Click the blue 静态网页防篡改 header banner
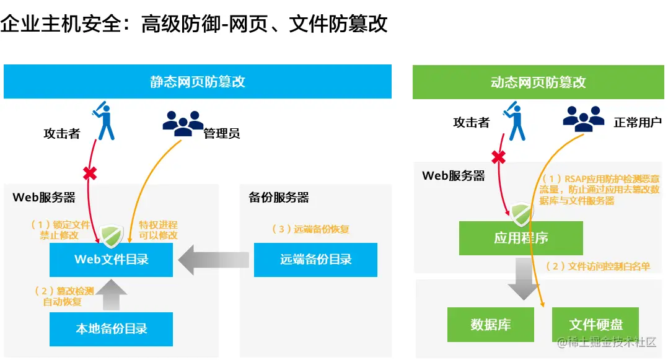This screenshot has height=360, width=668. click(198, 82)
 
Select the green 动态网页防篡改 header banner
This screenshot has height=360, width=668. click(538, 82)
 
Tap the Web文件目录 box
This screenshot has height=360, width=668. click(112, 259)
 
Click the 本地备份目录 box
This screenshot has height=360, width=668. click(112, 329)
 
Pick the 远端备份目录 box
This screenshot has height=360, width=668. click(315, 259)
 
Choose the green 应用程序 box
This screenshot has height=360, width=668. click(521, 238)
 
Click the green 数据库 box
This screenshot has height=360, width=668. click(490, 324)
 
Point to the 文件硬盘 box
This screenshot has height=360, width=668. click(595, 324)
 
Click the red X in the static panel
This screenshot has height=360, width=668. click(90, 174)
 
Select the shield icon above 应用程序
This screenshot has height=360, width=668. click(521, 213)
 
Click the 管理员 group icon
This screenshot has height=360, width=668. click(183, 123)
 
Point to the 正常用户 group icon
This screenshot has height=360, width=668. click(583, 118)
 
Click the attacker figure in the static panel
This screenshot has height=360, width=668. click(104, 121)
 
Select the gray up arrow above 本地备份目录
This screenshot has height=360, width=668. click(112, 294)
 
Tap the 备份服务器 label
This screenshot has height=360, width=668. click(279, 198)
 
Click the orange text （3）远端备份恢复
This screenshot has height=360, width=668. click(310, 229)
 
